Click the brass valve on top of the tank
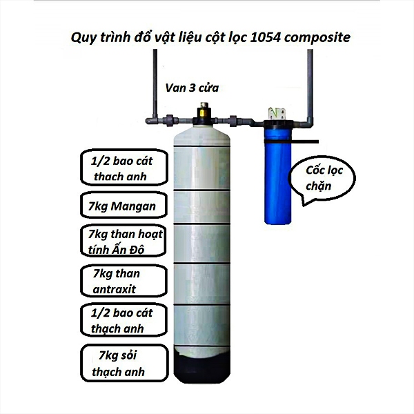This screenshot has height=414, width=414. (204, 110)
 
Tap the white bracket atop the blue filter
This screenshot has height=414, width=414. (279, 111)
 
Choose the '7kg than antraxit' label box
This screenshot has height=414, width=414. (119, 280)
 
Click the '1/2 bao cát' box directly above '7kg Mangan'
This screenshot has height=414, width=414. (118, 168)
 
